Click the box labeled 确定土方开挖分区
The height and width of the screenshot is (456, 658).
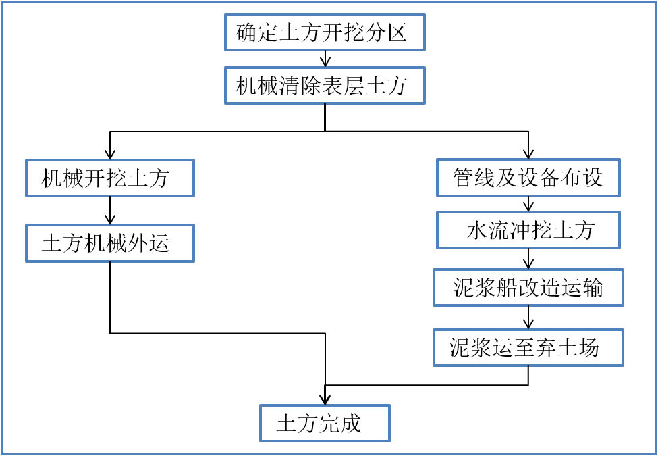[325, 32]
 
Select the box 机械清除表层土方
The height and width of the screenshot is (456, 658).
[325, 86]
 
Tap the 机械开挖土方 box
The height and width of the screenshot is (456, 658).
[110, 178]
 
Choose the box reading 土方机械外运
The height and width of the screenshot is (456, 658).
[110, 243]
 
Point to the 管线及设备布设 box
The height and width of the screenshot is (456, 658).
[528, 178]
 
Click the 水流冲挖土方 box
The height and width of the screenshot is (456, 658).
[528, 230]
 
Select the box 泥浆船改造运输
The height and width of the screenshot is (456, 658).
[528, 288]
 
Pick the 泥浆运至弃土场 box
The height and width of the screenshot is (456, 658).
[528, 348]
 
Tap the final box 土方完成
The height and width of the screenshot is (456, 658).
[325, 424]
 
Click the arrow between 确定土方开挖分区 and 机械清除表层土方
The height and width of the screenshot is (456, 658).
[325, 59]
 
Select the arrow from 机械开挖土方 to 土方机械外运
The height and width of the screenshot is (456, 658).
[110, 211]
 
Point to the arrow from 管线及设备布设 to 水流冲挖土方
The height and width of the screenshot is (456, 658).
[528, 204]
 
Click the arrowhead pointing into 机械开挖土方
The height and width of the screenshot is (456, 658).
[110, 154]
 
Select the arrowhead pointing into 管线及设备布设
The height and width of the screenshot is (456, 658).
[528, 154]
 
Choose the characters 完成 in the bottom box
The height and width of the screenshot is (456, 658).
[340, 424]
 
